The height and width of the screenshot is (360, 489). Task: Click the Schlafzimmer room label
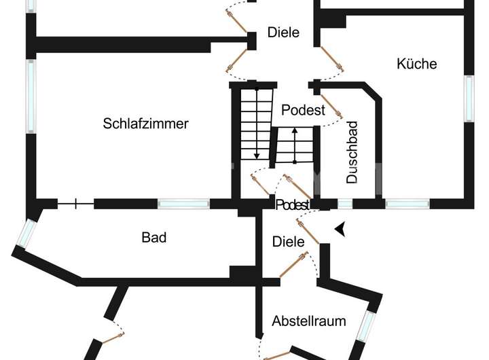coord(145,124)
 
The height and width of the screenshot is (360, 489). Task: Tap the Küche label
coord(416,64)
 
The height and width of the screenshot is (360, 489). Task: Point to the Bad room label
coord(154,238)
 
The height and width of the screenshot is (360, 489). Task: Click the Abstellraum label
coord(309,321)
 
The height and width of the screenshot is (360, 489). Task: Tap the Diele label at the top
coord(283,32)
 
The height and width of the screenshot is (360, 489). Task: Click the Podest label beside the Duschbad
coord(303,110)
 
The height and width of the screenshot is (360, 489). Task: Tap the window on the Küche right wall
coord(469,98)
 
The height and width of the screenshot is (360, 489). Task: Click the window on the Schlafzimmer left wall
coord(31,96)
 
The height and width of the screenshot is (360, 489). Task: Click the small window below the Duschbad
coord(345,203)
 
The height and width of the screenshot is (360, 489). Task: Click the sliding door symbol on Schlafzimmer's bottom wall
coord(75,202)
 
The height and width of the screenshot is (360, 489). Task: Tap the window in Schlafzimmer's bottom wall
coord(183,203)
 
